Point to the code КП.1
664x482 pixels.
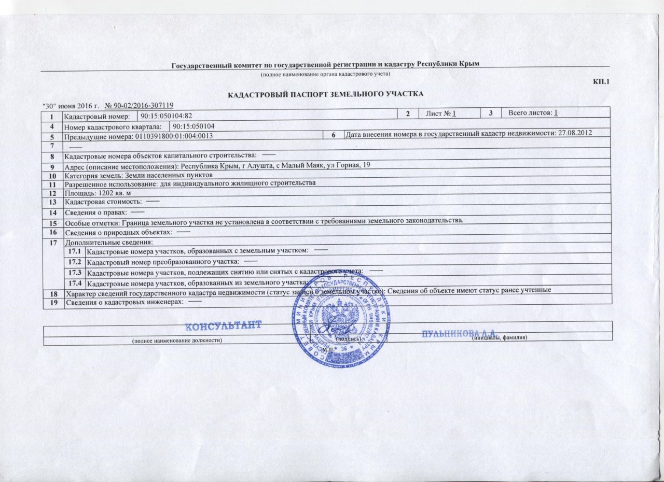click(x=601, y=82)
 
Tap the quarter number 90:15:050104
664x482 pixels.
click(x=194, y=126)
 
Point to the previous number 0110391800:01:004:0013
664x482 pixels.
click(x=174, y=136)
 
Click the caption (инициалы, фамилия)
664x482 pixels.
click(x=499, y=338)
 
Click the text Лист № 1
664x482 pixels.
click(x=440, y=114)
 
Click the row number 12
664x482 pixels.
click(x=52, y=192)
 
